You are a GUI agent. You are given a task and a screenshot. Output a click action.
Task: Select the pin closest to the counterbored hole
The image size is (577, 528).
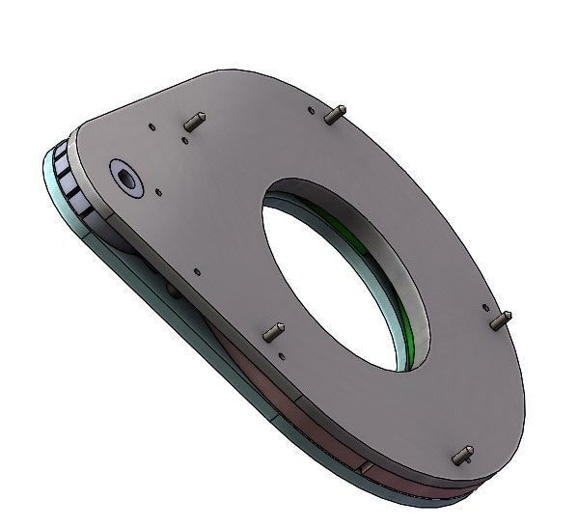point(193,123)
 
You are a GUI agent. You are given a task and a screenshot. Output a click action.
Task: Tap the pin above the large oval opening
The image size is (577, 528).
point(335,115)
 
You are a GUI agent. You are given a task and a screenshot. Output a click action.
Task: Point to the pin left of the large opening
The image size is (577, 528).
point(273,333)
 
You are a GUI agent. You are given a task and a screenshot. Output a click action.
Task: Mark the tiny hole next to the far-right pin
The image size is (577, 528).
point(482,307)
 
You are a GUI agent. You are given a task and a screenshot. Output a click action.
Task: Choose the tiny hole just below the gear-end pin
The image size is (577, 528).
point(184,141)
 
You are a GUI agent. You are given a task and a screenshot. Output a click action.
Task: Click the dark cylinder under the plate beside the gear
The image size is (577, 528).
point(121,241)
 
